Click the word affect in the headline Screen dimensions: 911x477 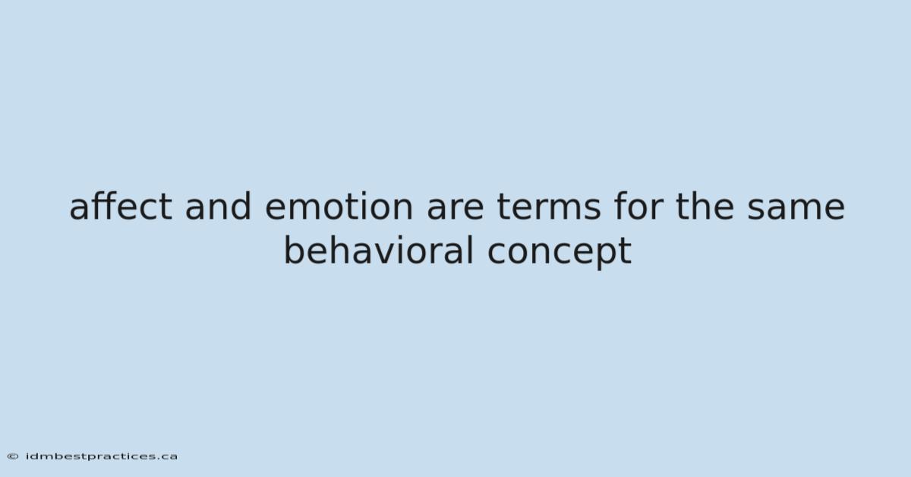coord(121,206)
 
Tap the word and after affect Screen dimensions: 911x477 coord(218,206)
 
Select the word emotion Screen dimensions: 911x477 coord(339,207)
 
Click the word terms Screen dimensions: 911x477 coord(549,207)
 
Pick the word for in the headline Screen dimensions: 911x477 coord(638,206)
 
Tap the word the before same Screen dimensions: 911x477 coord(705,206)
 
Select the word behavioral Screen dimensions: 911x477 coord(379,250)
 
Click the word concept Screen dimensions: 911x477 coord(560,253)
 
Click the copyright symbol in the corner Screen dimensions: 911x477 coord(13,456)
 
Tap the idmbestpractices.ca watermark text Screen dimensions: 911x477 coord(101,456)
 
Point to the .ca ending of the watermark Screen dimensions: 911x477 coord(167,457)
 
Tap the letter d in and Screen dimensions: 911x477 coord(241,206)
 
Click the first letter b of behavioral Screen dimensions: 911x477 coord(294,250)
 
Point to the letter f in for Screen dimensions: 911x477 coord(621,206)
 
